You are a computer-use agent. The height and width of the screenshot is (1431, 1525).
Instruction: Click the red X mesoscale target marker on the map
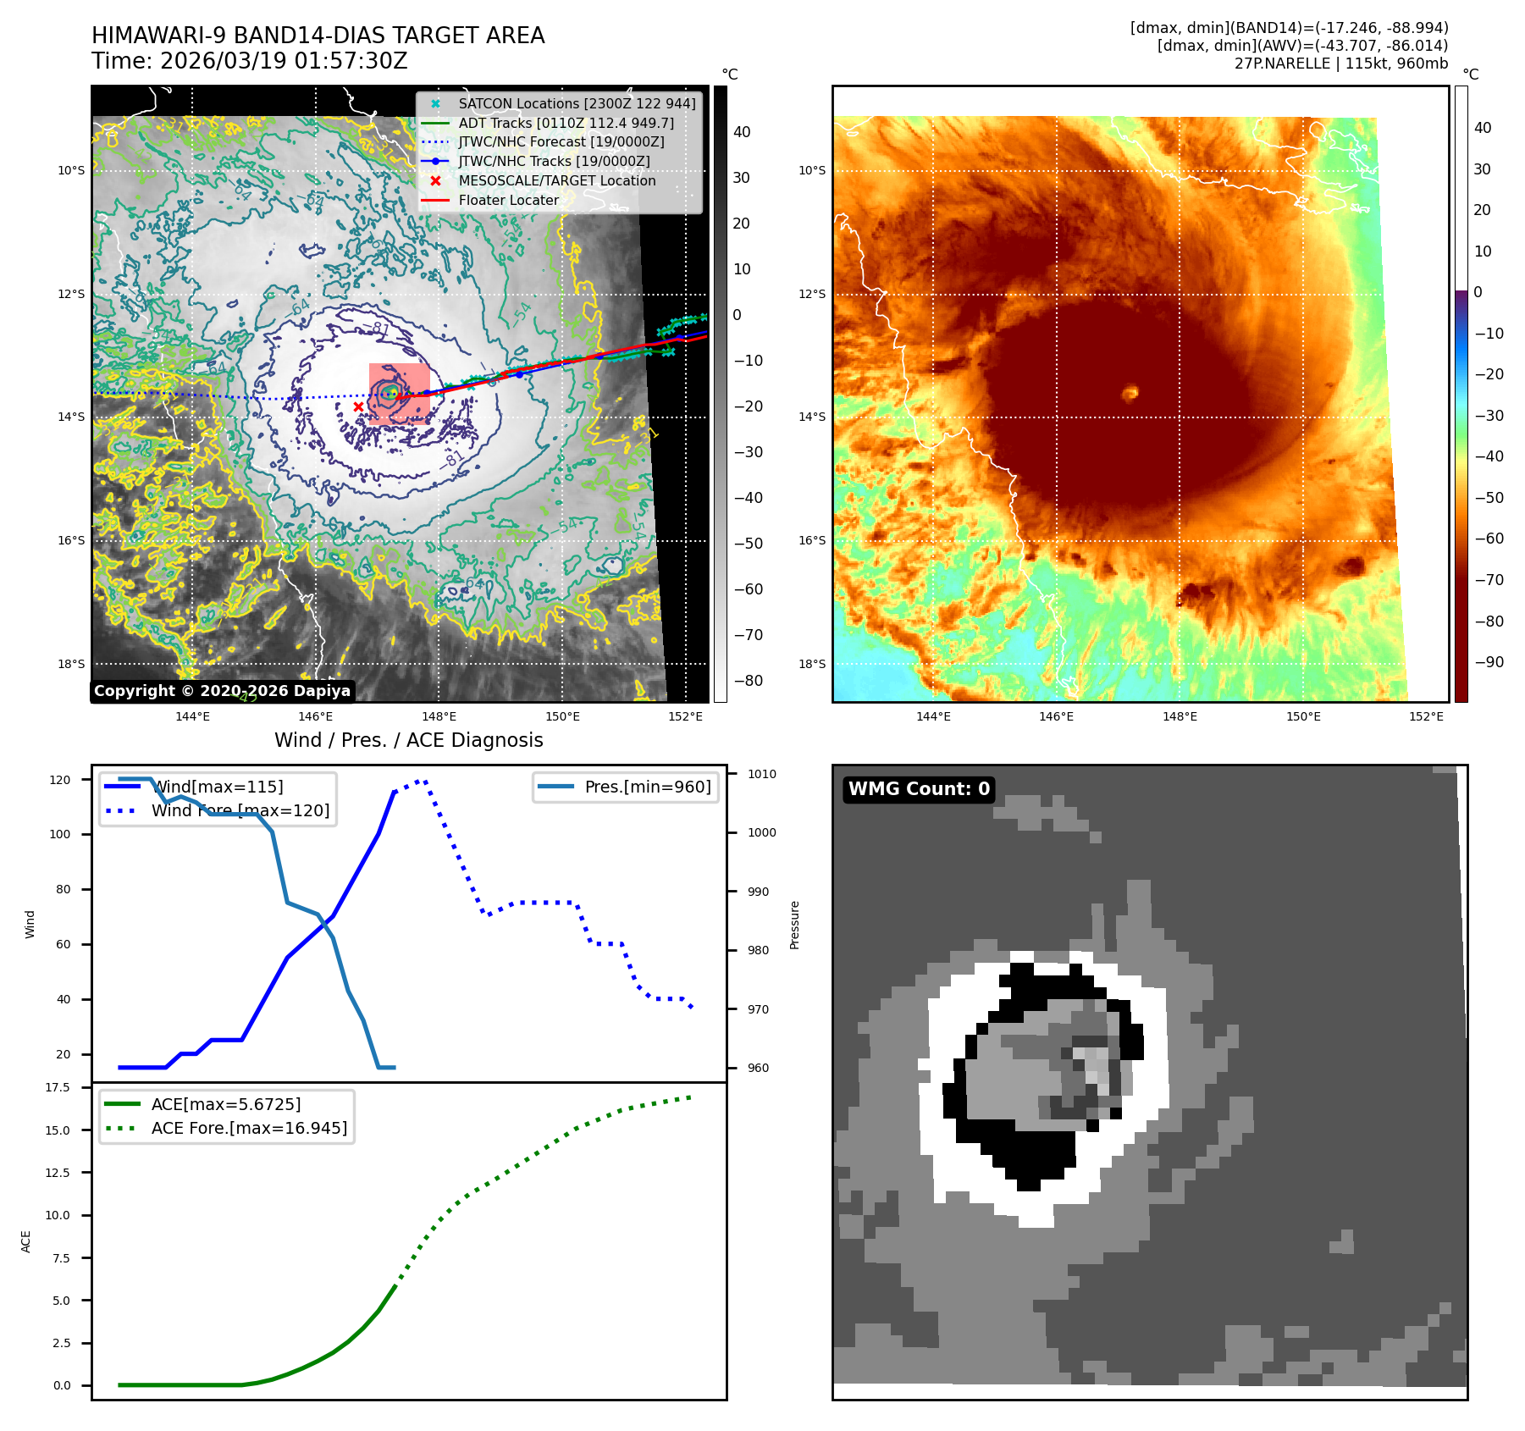[358, 407]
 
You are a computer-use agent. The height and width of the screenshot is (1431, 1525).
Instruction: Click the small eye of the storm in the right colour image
[1130, 393]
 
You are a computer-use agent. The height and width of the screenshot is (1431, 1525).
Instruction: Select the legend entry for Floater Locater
[508, 201]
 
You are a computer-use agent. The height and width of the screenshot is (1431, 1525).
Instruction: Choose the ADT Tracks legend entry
[566, 123]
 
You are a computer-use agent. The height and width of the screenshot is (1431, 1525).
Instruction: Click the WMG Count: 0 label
[919, 789]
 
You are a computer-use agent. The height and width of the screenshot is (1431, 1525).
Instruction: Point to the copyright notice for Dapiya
[222, 691]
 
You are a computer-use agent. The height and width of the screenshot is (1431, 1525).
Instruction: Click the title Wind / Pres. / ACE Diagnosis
[409, 740]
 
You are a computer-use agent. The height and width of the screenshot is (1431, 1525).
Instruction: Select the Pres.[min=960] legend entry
[648, 787]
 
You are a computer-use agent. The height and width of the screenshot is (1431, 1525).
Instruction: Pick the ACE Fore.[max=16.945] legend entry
[249, 1128]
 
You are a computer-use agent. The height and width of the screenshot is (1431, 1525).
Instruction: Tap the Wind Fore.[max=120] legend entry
[240, 810]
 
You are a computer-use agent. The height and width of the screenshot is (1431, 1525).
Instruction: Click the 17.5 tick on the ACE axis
[58, 1087]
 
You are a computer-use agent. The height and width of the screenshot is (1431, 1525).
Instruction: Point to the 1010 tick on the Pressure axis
[761, 774]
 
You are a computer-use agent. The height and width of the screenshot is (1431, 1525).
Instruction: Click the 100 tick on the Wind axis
[60, 834]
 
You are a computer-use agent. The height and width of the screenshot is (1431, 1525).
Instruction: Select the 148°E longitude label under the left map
[439, 717]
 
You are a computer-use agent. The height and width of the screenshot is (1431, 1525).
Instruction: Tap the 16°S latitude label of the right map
[811, 540]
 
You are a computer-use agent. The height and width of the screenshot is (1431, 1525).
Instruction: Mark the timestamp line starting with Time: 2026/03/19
[250, 61]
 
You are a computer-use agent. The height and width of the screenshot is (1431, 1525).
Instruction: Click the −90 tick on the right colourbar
[1489, 662]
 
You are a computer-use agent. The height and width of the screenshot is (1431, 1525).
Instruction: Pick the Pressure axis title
[794, 925]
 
